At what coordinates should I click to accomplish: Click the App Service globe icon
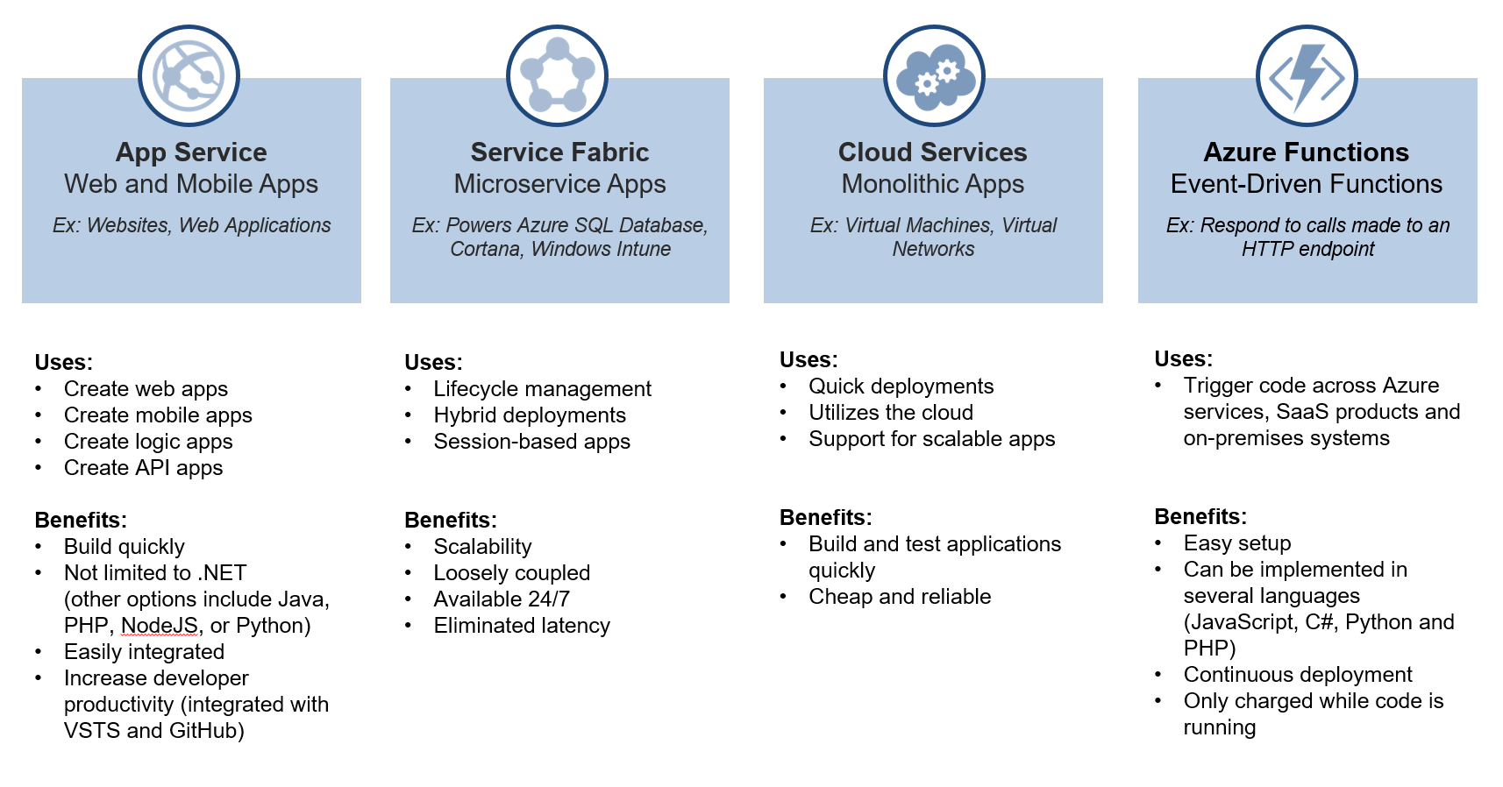coord(189,75)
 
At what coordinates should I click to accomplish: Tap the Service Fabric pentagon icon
coord(557,75)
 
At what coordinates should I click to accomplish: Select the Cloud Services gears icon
coord(934,75)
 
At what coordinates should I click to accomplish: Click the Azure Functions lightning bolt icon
coord(1307,75)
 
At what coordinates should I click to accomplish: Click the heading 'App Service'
coord(191,152)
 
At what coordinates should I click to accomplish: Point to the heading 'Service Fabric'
coord(559,152)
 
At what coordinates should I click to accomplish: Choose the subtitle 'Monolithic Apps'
coord(932,184)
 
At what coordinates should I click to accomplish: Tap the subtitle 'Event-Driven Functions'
coord(1306,184)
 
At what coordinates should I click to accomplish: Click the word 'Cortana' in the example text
coord(485,249)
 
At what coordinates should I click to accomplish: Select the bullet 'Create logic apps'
coord(148,442)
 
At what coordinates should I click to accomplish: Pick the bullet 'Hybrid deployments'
coord(530,415)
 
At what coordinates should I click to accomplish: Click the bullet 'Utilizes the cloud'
coord(891,413)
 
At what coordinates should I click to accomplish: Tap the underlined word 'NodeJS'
coord(160,626)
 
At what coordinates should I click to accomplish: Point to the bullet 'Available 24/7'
coord(502,599)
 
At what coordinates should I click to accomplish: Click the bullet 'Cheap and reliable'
coord(900,597)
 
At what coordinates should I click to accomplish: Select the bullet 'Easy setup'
coord(1237,543)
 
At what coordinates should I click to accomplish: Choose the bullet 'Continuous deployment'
coord(1298,675)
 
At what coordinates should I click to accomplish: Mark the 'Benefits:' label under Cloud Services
coord(825,517)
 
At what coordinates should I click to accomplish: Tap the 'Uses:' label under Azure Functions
coord(1183,358)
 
